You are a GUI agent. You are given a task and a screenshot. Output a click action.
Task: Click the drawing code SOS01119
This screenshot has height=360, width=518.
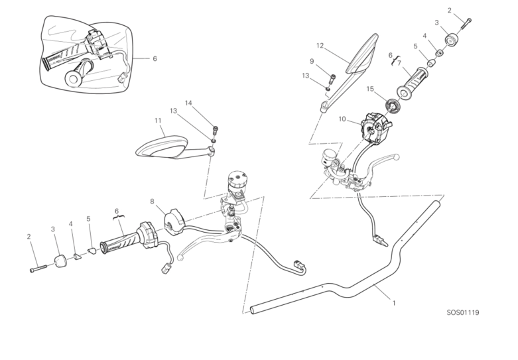tap(463, 312)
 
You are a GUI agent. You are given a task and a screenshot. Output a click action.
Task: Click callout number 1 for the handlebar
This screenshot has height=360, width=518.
tap(394, 303)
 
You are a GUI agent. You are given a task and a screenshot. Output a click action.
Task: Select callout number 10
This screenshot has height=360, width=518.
tap(342, 119)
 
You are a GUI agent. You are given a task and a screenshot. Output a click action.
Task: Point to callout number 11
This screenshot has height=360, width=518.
tap(158, 121)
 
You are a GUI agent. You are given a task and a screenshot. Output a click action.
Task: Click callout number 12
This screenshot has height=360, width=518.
tap(320, 46)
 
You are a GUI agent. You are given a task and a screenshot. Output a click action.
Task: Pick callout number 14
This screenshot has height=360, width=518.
tap(188, 103)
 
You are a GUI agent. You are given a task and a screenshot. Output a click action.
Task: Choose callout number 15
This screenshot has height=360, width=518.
tap(370, 88)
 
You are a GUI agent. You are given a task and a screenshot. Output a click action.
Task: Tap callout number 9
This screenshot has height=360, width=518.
tap(311, 62)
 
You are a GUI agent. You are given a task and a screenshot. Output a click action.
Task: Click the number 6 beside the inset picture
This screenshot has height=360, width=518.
tap(155, 58)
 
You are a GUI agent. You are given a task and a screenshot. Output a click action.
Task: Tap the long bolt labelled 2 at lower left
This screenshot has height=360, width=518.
tap(39, 269)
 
